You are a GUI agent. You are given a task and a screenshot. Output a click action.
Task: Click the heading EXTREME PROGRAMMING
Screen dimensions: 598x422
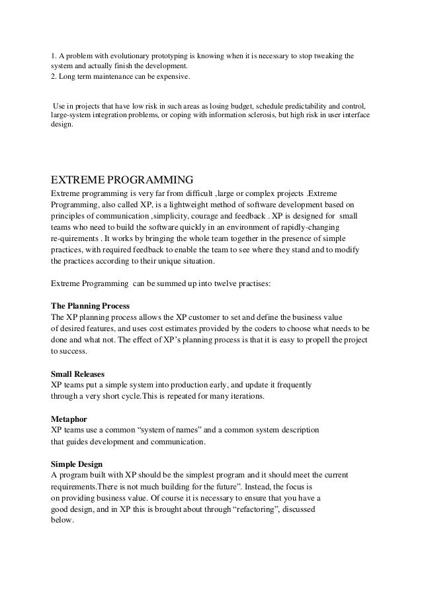pyautogui.click(x=122, y=179)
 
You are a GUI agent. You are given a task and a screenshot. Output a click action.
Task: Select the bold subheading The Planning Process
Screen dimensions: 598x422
pyautogui.click(x=91, y=306)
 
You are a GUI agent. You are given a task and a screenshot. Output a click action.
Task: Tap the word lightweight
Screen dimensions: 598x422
pyautogui.click(x=179, y=205)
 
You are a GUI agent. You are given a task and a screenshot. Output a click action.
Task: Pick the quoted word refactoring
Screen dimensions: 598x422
pyautogui.click(x=251, y=509)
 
